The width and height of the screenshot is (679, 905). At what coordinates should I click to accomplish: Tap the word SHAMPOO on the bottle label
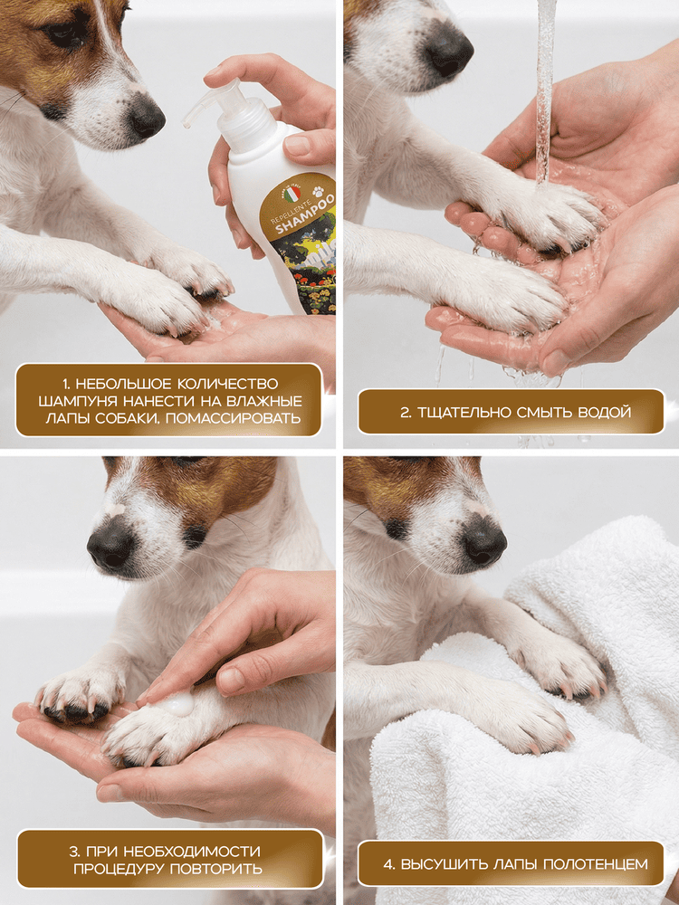pos(305,214)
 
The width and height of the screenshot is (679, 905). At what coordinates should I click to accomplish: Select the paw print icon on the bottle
pos(318,191)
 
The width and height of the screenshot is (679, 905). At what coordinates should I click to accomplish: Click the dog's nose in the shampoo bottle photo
pos(147,117)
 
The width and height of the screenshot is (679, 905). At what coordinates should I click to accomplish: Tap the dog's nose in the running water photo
pos(449,50)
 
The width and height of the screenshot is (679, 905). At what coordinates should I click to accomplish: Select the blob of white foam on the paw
pos(177,703)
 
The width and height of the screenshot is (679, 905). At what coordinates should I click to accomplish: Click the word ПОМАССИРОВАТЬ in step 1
pos(234,418)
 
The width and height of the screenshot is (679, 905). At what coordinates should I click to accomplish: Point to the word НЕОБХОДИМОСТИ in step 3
pos(191,852)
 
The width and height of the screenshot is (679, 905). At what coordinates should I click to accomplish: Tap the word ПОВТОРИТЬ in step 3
pos(215,869)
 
